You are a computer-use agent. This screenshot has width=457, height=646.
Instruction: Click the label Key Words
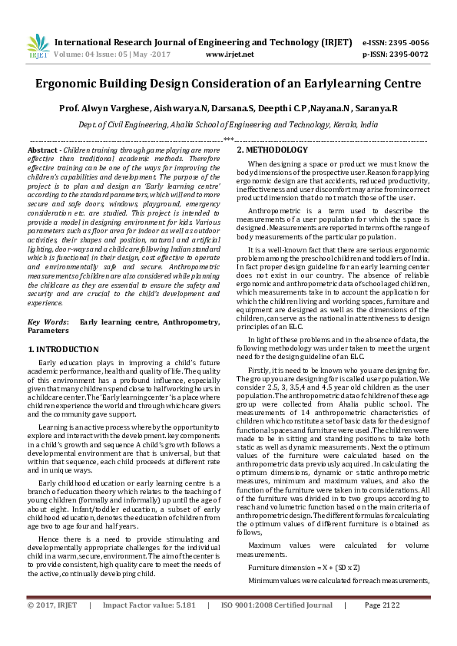[48, 323]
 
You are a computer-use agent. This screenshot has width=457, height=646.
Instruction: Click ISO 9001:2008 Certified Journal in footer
[280, 628]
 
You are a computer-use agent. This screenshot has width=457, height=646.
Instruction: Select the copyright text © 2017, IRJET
[52, 628]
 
